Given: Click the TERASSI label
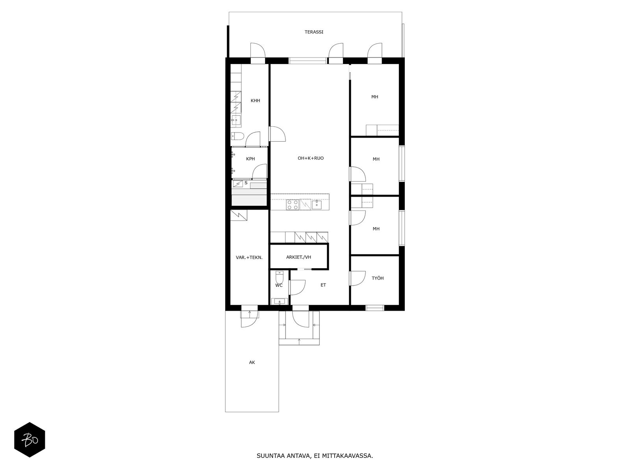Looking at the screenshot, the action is pos(314,32).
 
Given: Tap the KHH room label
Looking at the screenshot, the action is pos(255,101).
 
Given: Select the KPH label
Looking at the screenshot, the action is pos(250,159).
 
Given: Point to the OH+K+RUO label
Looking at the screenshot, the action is pos(311,158).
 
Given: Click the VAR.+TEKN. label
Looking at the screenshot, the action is pos(249,257).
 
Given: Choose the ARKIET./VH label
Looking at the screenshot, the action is pos(298,257).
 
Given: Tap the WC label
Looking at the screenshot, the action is pos(279,285).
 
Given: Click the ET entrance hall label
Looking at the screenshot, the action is pos(323,285).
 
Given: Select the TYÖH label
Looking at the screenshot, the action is pos(378,278).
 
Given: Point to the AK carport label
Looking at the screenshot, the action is pos(252,362).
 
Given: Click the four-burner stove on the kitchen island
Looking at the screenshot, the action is pos(293,205).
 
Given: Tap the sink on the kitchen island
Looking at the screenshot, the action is pos(317,205).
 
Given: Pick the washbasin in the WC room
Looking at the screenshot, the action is pos(280,301).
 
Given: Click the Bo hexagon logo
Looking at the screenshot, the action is pos(30,440).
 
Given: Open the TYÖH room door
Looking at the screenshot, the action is pos(358,278).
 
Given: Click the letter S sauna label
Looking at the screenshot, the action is pos(246,183).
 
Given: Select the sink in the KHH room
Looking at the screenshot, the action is pos(236,121).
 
